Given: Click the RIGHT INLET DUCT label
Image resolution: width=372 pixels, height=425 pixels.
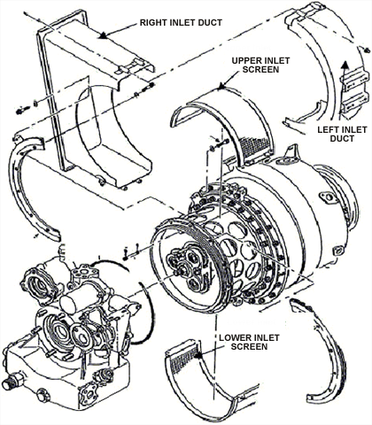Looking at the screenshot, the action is coord(181,22).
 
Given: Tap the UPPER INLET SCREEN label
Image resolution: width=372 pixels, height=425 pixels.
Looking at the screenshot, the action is coord(260,65).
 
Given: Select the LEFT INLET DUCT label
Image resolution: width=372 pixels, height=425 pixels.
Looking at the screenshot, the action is coord(342,134).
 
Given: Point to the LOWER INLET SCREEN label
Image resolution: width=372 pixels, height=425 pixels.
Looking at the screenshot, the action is coord(249,342).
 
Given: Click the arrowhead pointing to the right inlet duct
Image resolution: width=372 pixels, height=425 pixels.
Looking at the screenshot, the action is coord(103,35).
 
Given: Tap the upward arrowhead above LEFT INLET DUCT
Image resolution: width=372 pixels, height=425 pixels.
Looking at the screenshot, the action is coord(344,65).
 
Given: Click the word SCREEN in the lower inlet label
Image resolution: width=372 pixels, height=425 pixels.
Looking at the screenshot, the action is coord(249,346).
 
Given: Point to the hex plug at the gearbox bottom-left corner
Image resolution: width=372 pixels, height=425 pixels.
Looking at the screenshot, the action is coord(9,383).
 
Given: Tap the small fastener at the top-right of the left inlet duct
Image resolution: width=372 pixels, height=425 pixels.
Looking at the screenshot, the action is coord(367,50).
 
